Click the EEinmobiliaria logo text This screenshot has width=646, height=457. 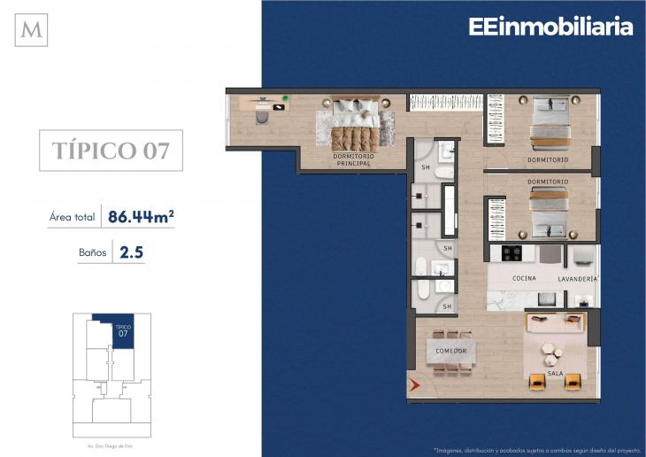pos(550,27)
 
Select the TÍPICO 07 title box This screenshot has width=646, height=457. pos(110,150)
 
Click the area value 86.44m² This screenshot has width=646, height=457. pos(140,215)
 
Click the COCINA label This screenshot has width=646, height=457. pos(524,278)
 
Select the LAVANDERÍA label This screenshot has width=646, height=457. pos(579,278)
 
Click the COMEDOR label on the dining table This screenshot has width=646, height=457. pos(450,351)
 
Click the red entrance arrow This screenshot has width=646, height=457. pos(414,384)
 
